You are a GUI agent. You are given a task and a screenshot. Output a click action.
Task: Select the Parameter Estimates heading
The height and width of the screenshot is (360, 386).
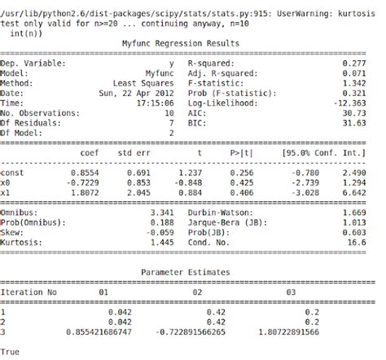point(186,271)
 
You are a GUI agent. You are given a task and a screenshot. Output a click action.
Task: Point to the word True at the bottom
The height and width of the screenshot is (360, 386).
point(11,352)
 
